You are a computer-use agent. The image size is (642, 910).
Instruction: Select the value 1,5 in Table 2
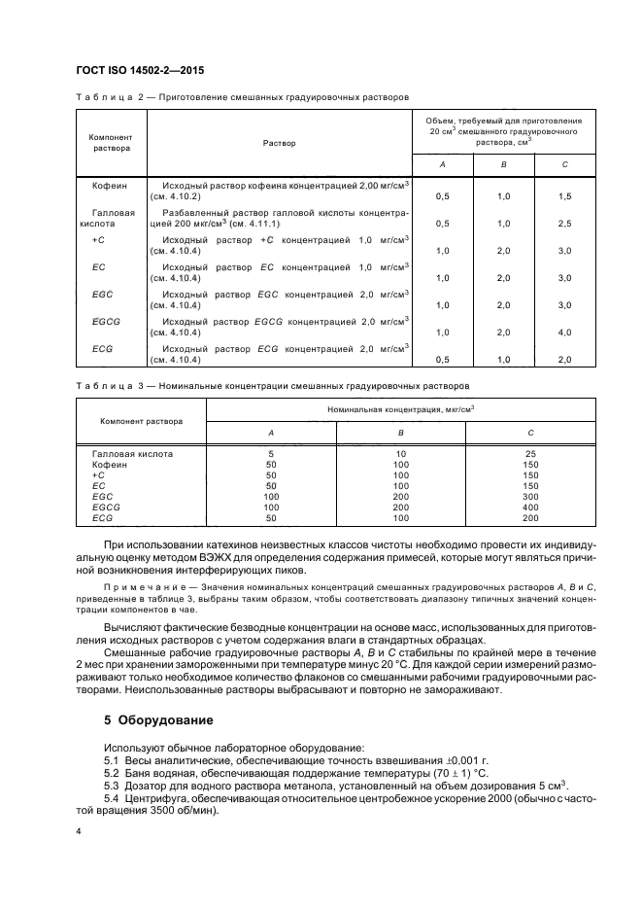click(565, 195)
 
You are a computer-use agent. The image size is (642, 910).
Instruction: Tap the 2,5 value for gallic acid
click(565, 224)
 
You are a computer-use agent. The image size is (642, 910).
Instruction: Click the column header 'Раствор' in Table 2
click(280, 143)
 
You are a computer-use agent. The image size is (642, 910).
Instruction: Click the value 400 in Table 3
click(530, 507)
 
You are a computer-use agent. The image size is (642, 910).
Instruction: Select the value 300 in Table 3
click(530, 496)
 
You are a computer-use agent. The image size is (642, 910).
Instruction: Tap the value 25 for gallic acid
click(530, 453)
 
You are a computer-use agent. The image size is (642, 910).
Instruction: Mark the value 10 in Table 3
click(400, 453)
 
